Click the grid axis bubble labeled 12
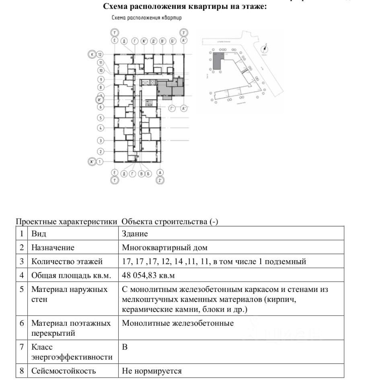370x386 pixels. (x=101, y=54)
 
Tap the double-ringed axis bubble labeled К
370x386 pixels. (x=92, y=54)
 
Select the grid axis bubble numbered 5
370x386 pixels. (x=101, y=118)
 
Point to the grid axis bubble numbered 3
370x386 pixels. (x=101, y=141)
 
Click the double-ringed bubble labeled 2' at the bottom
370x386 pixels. (x=160, y=180)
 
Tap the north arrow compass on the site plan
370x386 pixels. (x=264, y=49)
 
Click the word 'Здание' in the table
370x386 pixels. (x=135, y=234)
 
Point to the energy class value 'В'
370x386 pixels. (x=125, y=347)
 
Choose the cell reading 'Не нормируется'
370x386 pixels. (x=152, y=371)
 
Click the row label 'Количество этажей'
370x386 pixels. (x=67, y=262)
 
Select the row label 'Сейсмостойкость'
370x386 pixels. (x=64, y=371)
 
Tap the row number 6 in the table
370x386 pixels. (x=22, y=323)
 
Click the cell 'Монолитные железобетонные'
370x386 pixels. (x=178, y=323)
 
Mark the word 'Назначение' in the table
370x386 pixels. (x=53, y=248)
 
